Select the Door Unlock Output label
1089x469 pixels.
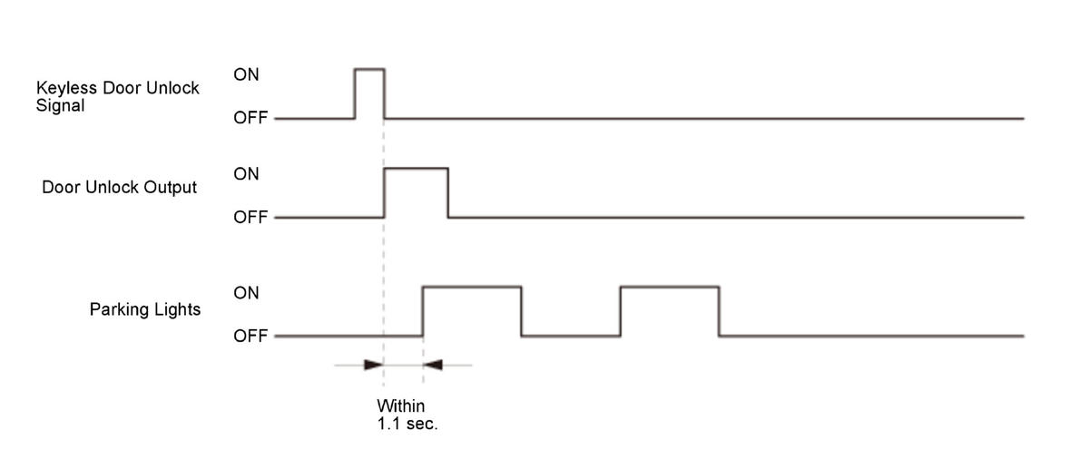click(119, 188)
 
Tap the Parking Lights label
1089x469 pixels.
click(145, 309)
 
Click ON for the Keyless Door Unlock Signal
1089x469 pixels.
click(246, 75)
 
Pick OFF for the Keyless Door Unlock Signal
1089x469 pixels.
click(250, 118)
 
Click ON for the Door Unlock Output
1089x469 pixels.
click(246, 174)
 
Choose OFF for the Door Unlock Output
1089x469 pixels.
click(250, 218)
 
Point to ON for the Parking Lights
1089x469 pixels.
click(246, 293)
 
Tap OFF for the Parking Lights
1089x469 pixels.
click(250, 336)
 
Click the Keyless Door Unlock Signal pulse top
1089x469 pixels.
click(369, 69)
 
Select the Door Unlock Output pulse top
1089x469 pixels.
click(417, 169)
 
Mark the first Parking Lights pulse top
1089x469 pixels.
click(472, 287)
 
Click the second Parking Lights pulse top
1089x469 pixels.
click(670, 287)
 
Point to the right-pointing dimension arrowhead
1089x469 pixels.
click(373, 365)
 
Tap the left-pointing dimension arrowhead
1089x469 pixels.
click(434, 365)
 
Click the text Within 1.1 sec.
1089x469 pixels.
click(407, 415)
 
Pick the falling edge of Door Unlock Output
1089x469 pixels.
click(448, 193)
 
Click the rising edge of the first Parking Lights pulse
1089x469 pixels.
click(423, 311)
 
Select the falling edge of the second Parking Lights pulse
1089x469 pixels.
click(719, 311)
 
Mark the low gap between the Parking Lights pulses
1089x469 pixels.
click(571, 336)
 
